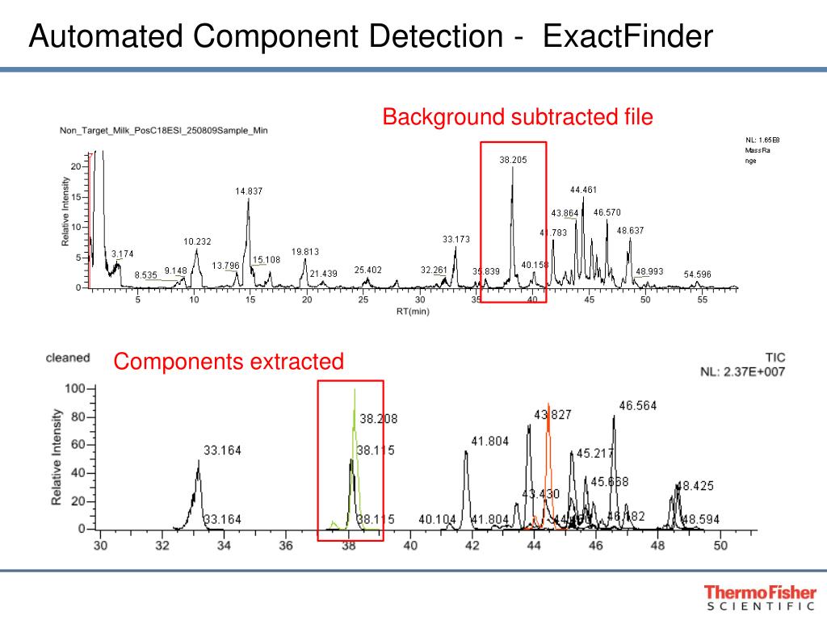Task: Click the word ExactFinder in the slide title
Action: (x=628, y=36)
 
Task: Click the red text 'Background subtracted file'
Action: (x=518, y=117)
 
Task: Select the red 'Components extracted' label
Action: (x=229, y=362)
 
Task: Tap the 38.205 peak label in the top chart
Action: (x=513, y=160)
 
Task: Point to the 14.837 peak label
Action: (x=249, y=191)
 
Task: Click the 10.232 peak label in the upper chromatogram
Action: (x=197, y=241)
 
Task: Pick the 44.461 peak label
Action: (x=583, y=190)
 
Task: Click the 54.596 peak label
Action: (x=698, y=274)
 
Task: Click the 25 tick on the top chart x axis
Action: (x=363, y=300)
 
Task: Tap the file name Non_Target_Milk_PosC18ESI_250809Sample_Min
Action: (x=164, y=130)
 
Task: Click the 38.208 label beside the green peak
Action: (x=378, y=419)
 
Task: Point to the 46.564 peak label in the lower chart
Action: (x=638, y=406)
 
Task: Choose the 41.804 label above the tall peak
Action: (x=489, y=441)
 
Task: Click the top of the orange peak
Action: (x=549, y=404)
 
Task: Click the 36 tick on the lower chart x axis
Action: (x=287, y=546)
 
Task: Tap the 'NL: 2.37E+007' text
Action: (x=742, y=371)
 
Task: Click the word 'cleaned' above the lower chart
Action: (x=68, y=358)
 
